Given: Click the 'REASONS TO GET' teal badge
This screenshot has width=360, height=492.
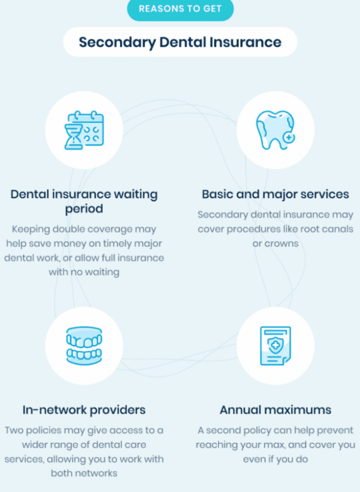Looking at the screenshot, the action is [180, 9].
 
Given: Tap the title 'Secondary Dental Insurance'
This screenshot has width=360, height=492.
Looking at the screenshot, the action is [180, 42].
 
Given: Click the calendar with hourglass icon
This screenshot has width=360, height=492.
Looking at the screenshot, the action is [84, 130].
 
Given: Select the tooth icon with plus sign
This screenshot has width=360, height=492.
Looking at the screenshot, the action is [276, 130].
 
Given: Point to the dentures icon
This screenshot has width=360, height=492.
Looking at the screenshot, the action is [84, 346].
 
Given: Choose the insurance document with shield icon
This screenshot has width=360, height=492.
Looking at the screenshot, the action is [276, 346].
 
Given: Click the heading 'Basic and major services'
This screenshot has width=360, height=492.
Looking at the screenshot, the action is [275, 194].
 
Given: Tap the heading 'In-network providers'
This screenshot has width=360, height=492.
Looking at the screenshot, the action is [84, 410].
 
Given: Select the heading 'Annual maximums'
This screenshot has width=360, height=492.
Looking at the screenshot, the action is [275, 410].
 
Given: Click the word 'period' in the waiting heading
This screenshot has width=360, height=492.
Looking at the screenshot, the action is [84, 209].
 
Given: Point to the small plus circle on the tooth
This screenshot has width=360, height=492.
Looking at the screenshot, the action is [289, 137].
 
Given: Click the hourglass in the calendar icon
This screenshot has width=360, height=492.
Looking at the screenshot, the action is [73, 137].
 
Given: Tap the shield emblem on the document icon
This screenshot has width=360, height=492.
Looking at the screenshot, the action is [275, 345].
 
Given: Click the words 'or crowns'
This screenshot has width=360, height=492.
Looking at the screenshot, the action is [276, 244].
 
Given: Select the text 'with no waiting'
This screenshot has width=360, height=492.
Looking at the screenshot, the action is [84, 272].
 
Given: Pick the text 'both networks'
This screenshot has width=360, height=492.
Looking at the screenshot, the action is [84, 473].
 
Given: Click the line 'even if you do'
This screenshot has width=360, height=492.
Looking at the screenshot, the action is [276, 459].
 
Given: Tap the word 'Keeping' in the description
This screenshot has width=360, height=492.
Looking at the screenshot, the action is [31, 229].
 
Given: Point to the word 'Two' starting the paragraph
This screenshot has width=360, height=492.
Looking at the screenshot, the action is [14, 430].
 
